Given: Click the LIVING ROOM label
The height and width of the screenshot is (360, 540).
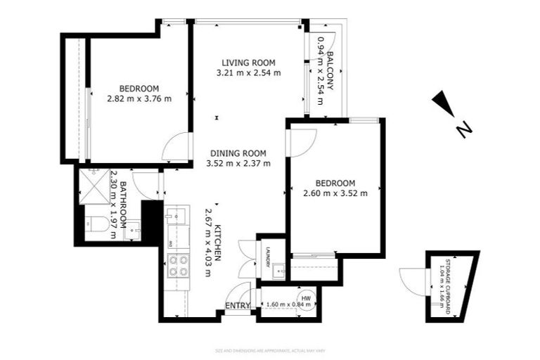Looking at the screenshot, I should [249, 62].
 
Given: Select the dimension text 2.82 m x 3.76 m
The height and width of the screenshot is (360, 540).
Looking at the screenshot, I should [139, 99].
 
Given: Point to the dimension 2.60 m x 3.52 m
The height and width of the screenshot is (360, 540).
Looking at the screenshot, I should [335, 193].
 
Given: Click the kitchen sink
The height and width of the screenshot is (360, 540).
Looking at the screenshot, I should [176, 216].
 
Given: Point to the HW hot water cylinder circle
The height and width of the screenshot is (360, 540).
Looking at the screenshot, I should [306, 299].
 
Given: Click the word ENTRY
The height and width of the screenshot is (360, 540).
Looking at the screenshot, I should [238, 306].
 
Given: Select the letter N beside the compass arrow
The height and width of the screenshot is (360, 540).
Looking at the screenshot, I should [463, 129].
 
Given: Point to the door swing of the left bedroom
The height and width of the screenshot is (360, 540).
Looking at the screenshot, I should [176, 147].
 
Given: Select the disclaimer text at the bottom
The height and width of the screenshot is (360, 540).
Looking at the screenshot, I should [269, 350].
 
